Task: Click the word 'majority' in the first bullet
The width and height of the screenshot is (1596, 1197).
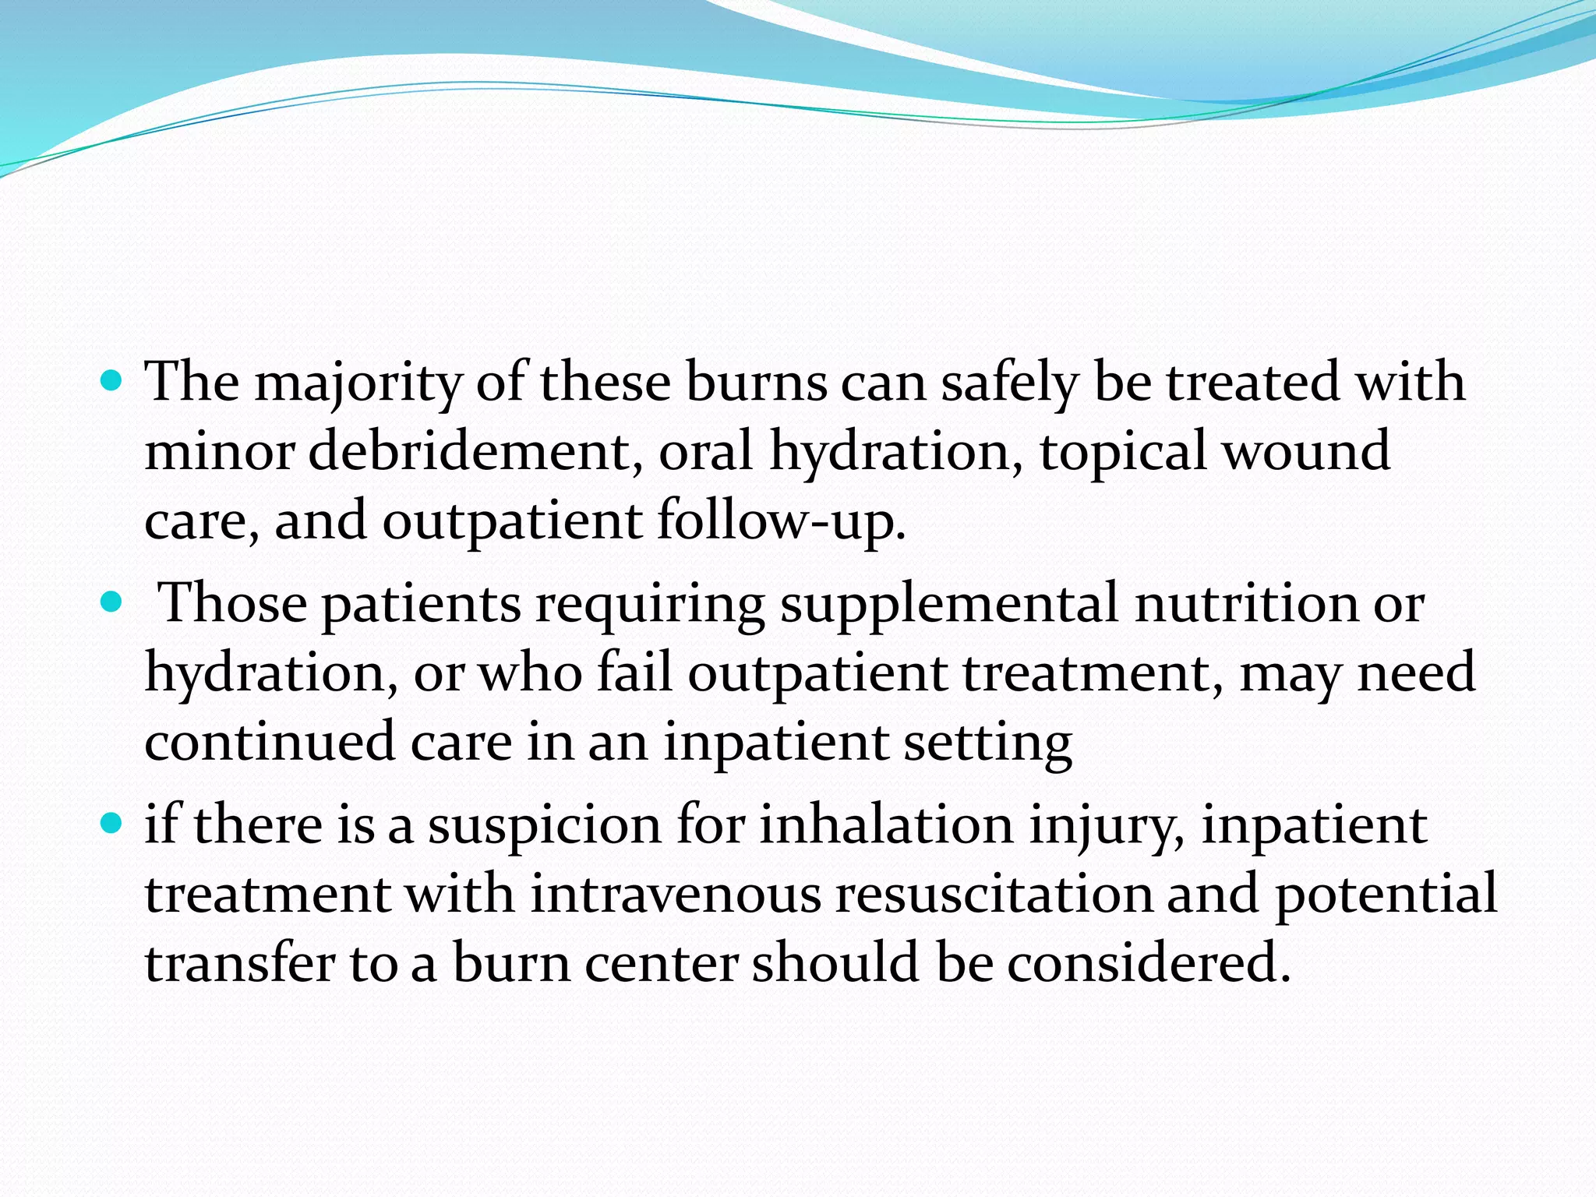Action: click(358, 383)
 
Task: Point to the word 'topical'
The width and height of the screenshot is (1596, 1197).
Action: click(1123, 452)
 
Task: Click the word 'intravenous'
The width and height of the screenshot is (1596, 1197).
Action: click(676, 894)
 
